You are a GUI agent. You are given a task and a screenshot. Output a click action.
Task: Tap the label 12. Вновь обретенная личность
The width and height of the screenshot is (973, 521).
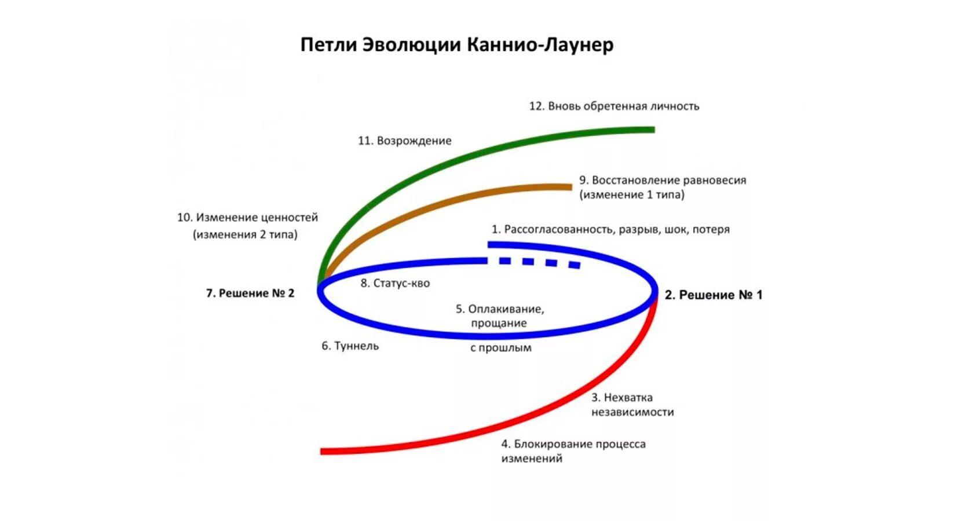[614, 106]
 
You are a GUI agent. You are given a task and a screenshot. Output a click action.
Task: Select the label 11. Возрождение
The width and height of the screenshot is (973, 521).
[404, 141]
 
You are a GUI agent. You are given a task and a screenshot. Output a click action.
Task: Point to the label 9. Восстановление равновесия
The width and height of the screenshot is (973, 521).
[663, 180]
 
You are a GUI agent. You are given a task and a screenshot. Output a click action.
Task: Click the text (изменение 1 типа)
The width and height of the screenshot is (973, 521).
[632, 195]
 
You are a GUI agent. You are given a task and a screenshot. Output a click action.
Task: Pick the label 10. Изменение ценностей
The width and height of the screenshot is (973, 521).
[247, 218]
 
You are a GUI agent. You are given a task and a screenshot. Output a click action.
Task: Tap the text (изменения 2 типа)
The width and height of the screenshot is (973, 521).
[245, 234]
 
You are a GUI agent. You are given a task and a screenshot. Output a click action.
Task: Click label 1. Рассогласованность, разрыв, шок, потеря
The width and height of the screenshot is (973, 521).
[610, 229]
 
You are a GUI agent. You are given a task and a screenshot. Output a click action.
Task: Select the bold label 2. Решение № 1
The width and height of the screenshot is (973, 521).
[714, 295]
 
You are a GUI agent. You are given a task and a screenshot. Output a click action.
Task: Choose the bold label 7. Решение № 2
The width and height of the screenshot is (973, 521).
[250, 293]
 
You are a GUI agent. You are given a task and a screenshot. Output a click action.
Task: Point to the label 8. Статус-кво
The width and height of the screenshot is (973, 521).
[395, 284]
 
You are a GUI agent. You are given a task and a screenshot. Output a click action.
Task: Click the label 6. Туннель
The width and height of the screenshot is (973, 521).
[350, 346]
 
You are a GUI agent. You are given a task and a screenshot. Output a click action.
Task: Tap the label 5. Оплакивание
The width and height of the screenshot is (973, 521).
[500, 309]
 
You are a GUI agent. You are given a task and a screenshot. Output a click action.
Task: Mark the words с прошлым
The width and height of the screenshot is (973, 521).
[500, 348]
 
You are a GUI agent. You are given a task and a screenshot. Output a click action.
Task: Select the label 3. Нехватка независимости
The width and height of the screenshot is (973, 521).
[632, 405]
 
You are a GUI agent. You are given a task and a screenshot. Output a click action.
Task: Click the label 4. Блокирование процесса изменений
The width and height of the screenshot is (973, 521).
[573, 451]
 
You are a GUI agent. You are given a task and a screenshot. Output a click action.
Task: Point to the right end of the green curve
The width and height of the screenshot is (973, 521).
[652, 130]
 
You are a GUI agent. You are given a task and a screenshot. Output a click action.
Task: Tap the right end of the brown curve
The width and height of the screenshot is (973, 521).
[570, 187]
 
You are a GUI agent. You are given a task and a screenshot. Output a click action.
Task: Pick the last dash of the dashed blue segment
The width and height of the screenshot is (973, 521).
[574, 265]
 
